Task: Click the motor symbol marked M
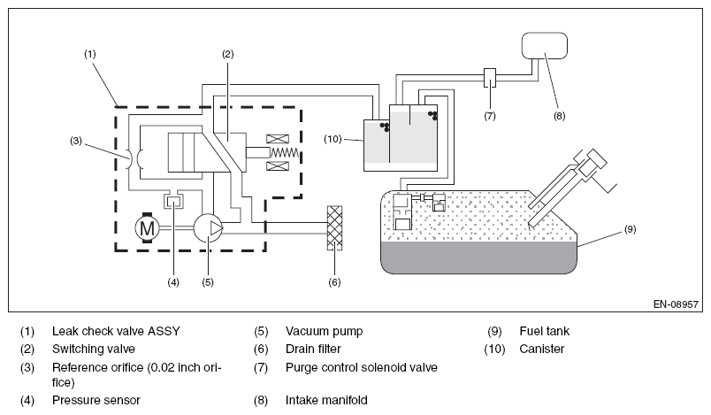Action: point(147,227)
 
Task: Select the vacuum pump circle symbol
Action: point(208,227)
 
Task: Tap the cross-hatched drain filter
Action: point(334,227)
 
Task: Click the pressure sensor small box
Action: point(173,200)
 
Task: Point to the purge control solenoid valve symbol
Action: point(490,78)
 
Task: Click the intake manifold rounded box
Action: point(544,45)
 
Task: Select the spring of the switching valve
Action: point(284,152)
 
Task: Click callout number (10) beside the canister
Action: point(333,139)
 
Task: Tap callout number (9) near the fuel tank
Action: point(631,229)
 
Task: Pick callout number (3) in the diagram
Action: point(76,141)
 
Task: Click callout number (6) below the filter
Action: point(334,282)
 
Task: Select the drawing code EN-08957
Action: point(676,304)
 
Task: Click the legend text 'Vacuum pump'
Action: point(325,331)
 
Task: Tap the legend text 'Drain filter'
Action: point(313,349)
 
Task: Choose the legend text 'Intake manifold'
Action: point(326,400)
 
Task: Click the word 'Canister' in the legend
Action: point(542,349)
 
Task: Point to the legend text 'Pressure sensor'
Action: point(96,400)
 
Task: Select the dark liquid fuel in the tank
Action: point(478,257)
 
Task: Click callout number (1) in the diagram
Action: point(90,54)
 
